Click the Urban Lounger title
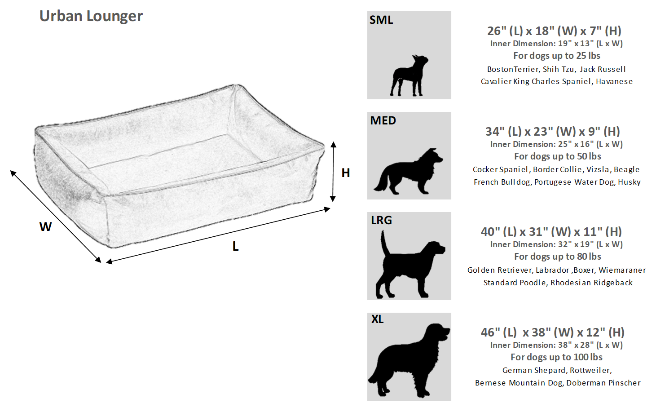pyautogui.click(x=91, y=16)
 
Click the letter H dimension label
pyautogui.click(x=345, y=173)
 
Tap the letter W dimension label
pyautogui.click(x=45, y=227)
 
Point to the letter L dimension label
pyautogui.click(x=235, y=247)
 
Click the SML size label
pyautogui.click(x=381, y=20)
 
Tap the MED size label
pyautogui.click(x=383, y=121)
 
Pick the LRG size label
pyautogui.click(x=381, y=221)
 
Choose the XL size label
pyautogui.click(x=377, y=319)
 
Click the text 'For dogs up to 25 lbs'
pyautogui.click(x=557, y=56)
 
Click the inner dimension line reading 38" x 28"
pyautogui.click(x=556, y=345)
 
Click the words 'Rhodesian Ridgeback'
pyautogui.click(x=591, y=283)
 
